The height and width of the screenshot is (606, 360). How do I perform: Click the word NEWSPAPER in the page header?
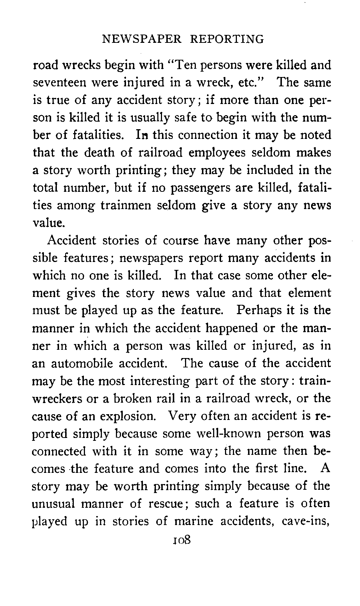click(x=142, y=39)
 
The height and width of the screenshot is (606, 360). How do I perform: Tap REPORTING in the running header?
click(x=227, y=39)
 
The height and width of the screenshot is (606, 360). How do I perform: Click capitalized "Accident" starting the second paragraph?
click(x=72, y=240)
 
